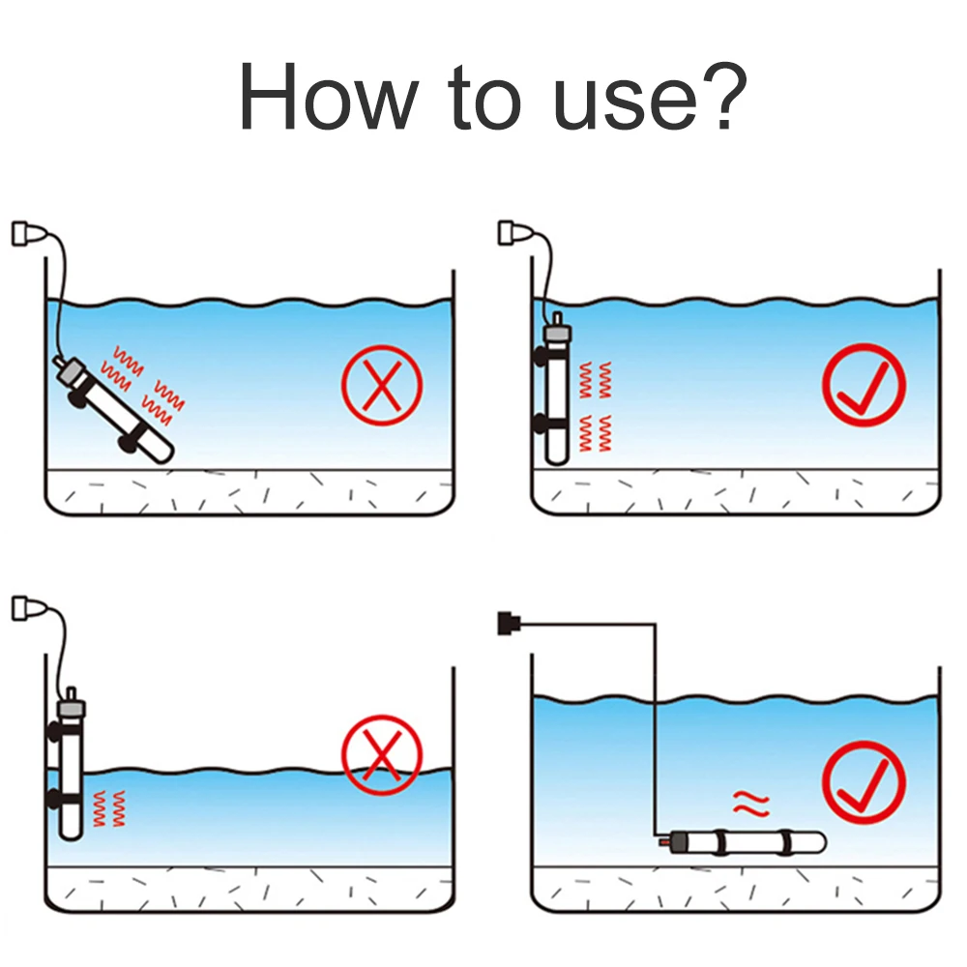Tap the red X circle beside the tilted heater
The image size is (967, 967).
(382, 385)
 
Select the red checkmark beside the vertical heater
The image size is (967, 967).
(864, 385)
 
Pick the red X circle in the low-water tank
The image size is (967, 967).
(382, 755)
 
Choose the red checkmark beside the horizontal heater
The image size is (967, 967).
(864, 782)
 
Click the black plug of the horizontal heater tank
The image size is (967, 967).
(504, 623)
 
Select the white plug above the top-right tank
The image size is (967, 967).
(512, 233)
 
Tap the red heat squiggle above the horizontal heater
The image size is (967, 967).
(751, 802)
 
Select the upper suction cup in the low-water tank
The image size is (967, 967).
(54, 732)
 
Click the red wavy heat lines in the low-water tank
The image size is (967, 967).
(108, 807)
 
